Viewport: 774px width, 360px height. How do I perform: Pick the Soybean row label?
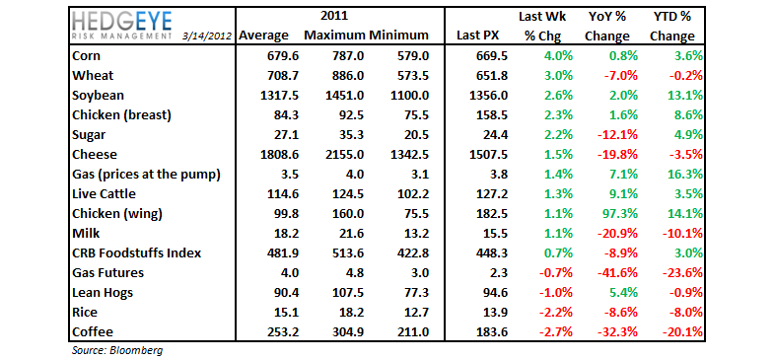(x=100, y=96)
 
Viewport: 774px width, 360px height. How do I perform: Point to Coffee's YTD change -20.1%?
(x=682, y=332)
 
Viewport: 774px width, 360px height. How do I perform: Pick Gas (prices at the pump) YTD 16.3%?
(x=684, y=175)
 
